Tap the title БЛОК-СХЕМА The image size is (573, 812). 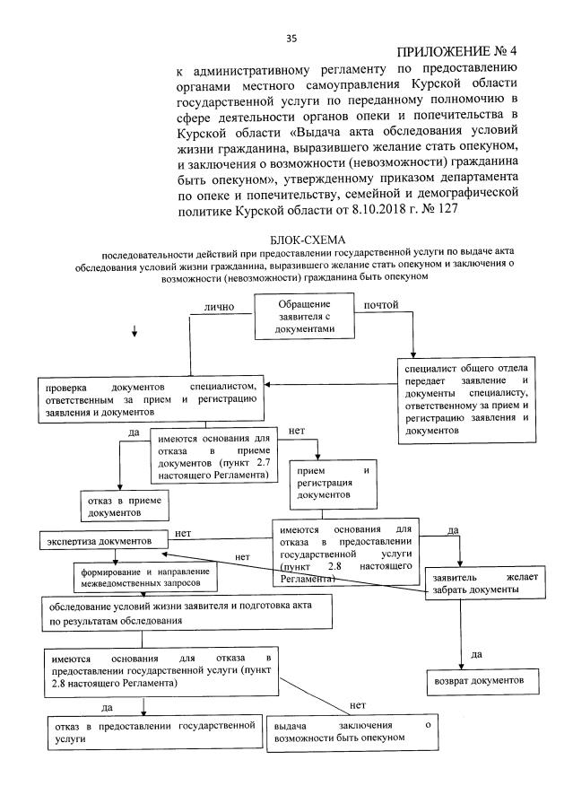(303, 239)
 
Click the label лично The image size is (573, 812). (219, 307)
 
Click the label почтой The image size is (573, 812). (380, 307)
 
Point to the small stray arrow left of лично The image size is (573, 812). (135, 333)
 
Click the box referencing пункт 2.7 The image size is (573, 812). (213, 458)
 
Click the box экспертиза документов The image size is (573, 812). (103, 542)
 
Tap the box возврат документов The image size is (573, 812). (481, 681)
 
